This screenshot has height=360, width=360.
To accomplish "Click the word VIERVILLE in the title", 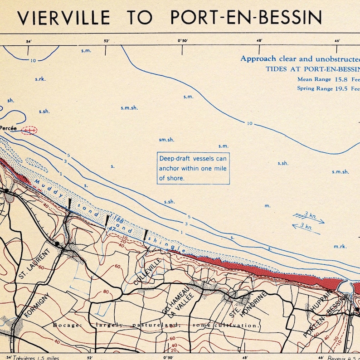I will (x=63, y=17).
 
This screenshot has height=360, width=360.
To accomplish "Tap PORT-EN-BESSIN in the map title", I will (x=246, y=17).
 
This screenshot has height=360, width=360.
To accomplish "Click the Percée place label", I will (x=8, y=129).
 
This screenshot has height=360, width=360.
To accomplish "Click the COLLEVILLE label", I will (x=148, y=272).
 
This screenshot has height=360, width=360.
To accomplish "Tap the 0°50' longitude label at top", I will (x=183, y=41).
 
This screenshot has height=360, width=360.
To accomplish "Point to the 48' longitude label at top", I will (x=260, y=41).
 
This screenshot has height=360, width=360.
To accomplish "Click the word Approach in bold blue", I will (x=258, y=58).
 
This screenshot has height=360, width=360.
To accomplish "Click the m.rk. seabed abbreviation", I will (x=340, y=246).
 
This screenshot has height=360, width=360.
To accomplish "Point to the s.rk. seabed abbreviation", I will (x=40, y=79).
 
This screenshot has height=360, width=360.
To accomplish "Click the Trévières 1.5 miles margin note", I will (x=38, y=357).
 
